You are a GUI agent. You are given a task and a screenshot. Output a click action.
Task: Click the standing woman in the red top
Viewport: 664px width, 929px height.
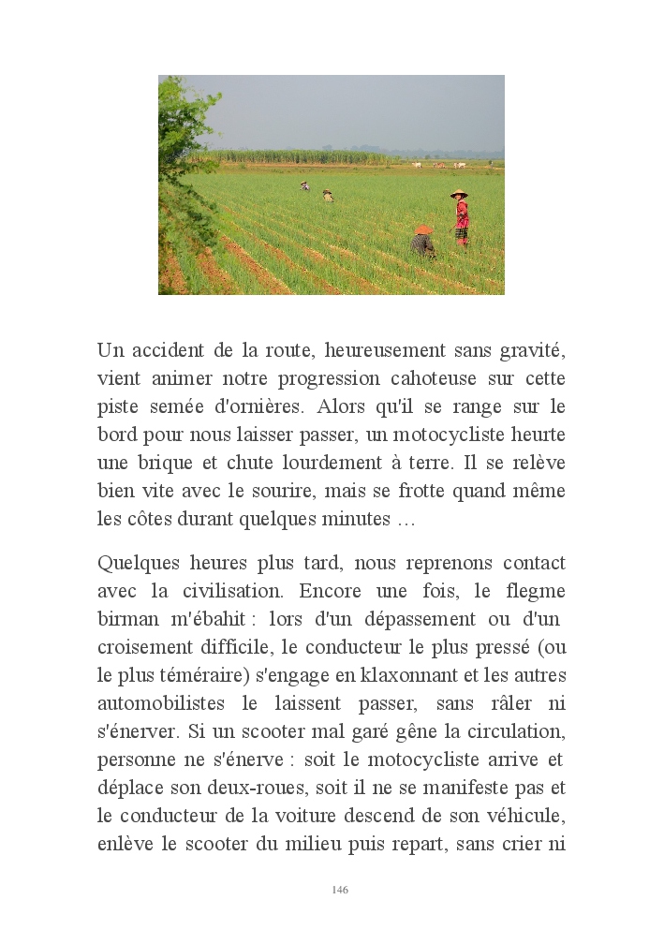click(x=461, y=219)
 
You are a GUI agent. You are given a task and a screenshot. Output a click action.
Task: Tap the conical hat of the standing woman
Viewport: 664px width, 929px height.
click(x=459, y=194)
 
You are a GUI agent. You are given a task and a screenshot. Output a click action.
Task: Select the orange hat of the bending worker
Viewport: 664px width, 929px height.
click(x=423, y=229)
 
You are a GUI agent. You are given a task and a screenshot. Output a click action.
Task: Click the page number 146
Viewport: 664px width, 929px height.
click(x=340, y=890)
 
